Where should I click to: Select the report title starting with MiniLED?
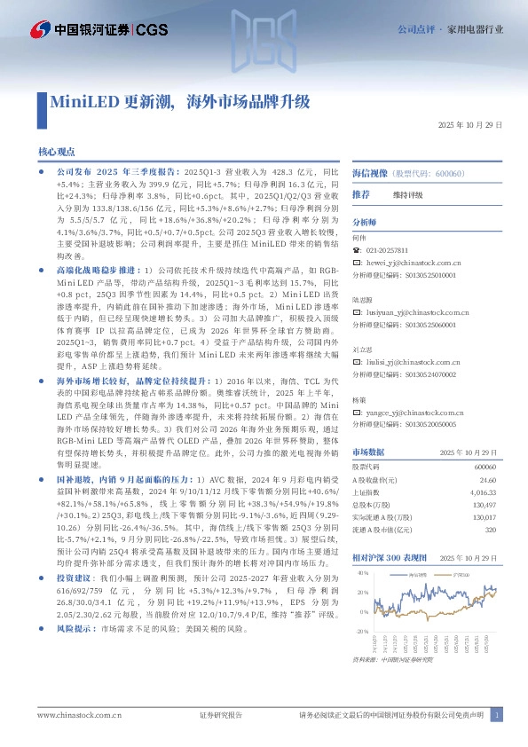click(x=178, y=101)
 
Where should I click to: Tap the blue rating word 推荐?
click(x=361, y=194)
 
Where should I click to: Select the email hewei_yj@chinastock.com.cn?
click(x=413, y=263)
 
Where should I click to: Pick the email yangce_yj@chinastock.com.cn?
click(x=415, y=413)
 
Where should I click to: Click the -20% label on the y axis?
click(x=361, y=631)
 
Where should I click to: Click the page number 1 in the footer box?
click(x=499, y=714)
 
